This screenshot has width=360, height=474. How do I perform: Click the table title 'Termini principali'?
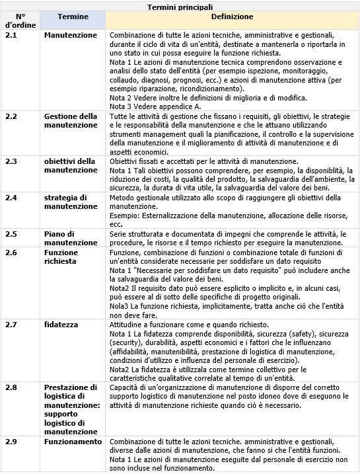coord(180,6)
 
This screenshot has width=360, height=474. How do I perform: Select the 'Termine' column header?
coord(73,16)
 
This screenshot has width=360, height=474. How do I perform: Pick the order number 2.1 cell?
coord(11,35)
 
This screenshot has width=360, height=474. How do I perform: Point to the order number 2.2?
coord(11,116)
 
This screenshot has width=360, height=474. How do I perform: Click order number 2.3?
coord(11,161)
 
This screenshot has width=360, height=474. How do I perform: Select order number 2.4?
coord(11,198)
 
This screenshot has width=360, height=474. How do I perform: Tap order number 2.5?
coord(11,234)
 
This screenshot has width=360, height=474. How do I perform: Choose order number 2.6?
coord(11,253)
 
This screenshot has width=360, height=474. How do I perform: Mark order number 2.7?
coord(11,325)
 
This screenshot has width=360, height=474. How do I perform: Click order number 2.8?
coord(11,387)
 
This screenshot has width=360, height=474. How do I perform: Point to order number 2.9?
coord(11,442)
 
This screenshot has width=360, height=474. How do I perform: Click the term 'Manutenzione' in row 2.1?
coord(70,35)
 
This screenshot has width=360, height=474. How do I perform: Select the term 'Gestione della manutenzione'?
coord(71,120)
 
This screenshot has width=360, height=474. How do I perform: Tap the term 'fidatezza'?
coord(61,325)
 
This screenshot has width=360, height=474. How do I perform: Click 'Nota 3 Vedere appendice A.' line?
coord(155,106)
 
